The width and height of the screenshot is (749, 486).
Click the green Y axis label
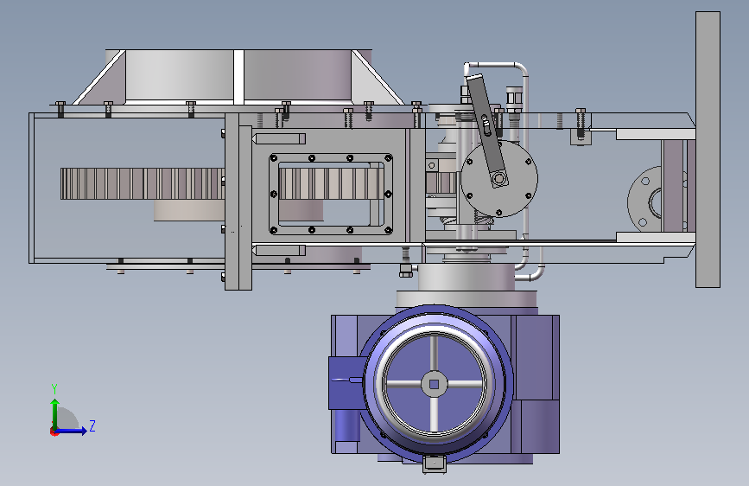(54, 388)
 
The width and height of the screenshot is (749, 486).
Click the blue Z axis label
(92, 425)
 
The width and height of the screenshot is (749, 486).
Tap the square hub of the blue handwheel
(434, 384)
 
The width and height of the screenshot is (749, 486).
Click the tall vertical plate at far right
(708, 150)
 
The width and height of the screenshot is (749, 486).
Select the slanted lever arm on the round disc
(486, 129)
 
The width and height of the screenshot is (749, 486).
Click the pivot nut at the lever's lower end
(499, 179)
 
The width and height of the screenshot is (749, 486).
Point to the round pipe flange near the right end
(644, 200)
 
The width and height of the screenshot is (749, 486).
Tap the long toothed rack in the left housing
(143, 183)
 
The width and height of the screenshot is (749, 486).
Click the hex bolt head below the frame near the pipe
(405, 274)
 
